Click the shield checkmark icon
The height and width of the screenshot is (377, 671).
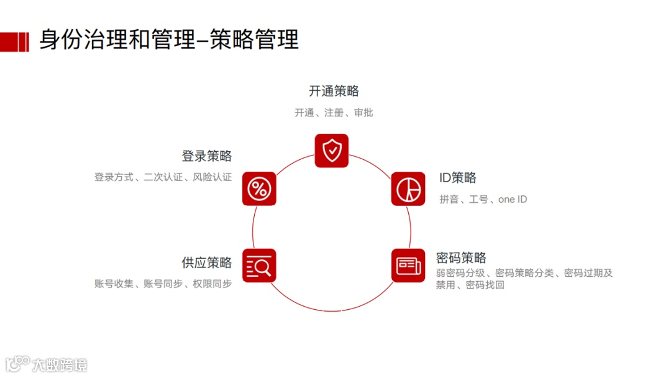[332, 151]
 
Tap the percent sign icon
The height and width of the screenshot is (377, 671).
[259, 188]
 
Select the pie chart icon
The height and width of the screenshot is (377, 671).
[408, 188]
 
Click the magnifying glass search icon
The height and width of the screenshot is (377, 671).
[259, 266]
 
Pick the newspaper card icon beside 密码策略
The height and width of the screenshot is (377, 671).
[408, 266]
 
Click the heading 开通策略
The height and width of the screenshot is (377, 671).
[334, 91]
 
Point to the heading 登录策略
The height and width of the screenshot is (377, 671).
[207, 156]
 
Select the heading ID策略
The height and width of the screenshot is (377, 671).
[458, 178]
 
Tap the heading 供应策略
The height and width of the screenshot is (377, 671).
[207, 263]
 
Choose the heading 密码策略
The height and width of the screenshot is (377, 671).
[461, 258]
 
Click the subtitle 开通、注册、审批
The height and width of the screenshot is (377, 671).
[334, 113]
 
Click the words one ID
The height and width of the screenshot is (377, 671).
[513, 199]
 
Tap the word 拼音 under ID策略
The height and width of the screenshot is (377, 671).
[449, 199]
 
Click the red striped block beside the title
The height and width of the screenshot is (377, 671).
[14, 41]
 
